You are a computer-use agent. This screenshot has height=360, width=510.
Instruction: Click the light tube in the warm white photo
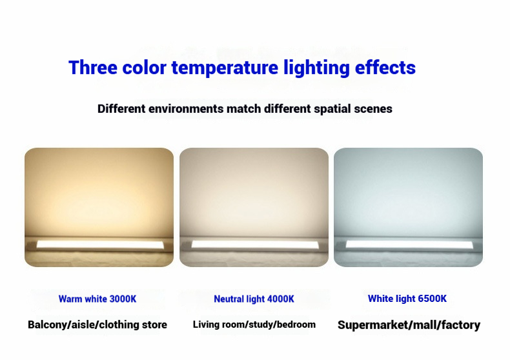tap(99, 245)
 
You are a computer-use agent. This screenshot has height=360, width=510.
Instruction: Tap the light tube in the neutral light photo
tap(254, 245)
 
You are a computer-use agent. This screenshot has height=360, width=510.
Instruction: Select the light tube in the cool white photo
tap(408, 245)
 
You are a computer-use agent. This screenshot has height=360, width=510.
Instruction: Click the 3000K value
tap(122, 299)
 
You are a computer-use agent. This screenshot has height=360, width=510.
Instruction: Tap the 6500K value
tap(431, 299)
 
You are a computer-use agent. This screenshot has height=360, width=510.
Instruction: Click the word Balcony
tap(48, 325)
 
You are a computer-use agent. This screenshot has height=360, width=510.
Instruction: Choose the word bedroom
tap(296, 324)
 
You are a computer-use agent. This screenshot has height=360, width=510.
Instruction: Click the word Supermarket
tap(371, 325)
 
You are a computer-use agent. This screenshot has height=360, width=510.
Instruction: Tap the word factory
tap(459, 325)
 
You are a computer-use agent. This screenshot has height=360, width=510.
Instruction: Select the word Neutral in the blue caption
tap(229, 299)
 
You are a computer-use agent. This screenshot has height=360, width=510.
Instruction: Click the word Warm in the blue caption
tap(70, 299)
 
